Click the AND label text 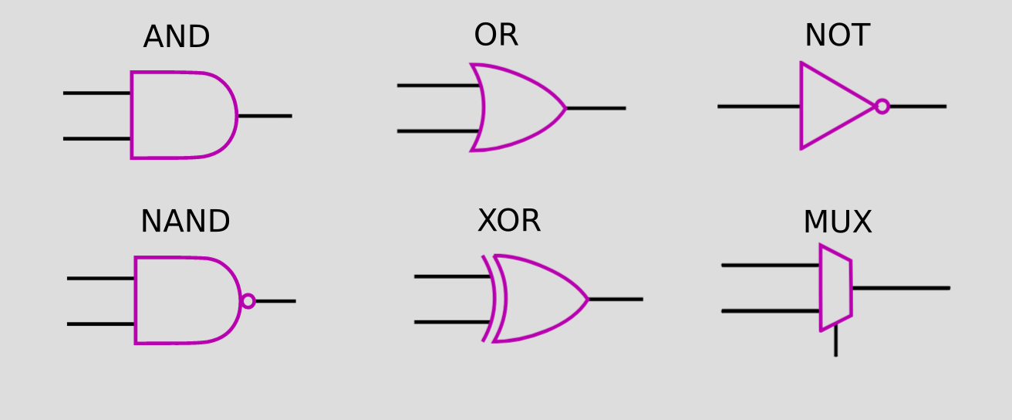click(x=177, y=36)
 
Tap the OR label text click(x=496, y=35)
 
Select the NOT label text click(x=837, y=35)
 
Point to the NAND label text click(x=185, y=221)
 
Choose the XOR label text click(x=509, y=221)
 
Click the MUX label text click(x=838, y=222)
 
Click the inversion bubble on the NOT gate click(x=882, y=107)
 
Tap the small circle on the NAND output click(x=248, y=301)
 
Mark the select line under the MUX click(x=836, y=340)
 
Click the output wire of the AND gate click(x=265, y=116)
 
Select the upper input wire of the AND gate click(x=97, y=93)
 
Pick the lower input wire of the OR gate click(x=438, y=131)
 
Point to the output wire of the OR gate click(x=596, y=109)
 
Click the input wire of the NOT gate click(x=759, y=107)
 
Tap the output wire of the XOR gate click(x=616, y=300)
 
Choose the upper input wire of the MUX click(x=771, y=266)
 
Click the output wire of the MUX click(x=901, y=288)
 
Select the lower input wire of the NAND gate click(x=101, y=324)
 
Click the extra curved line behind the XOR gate click(x=489, y=298)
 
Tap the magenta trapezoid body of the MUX click(x=836, y=288)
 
